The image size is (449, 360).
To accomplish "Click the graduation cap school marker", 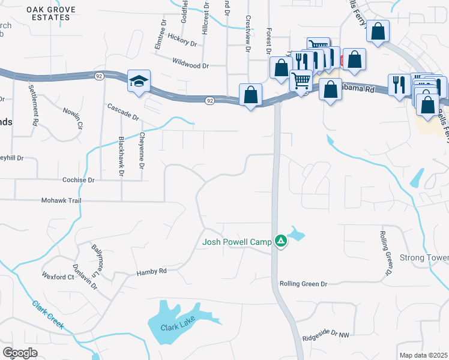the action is (x=139, y=82).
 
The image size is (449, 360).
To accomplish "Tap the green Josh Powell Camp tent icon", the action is (x=280, y=241).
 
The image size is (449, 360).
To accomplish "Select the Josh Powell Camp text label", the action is (x=237, y=242).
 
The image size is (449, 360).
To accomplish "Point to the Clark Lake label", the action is (x=178, y=328).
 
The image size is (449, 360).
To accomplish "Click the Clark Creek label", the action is (x=48, y=314).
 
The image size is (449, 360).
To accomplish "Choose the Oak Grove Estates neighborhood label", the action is (x=48, y=13).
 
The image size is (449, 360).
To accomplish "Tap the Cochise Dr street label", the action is (x=79, y=179).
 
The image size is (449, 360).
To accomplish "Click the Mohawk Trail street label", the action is (x=61, y=200).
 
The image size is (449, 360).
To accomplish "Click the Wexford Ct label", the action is (x=58, y=277).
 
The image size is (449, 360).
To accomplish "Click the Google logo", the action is (x=20, y=352).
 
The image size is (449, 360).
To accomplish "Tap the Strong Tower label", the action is (x=424, y=258).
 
